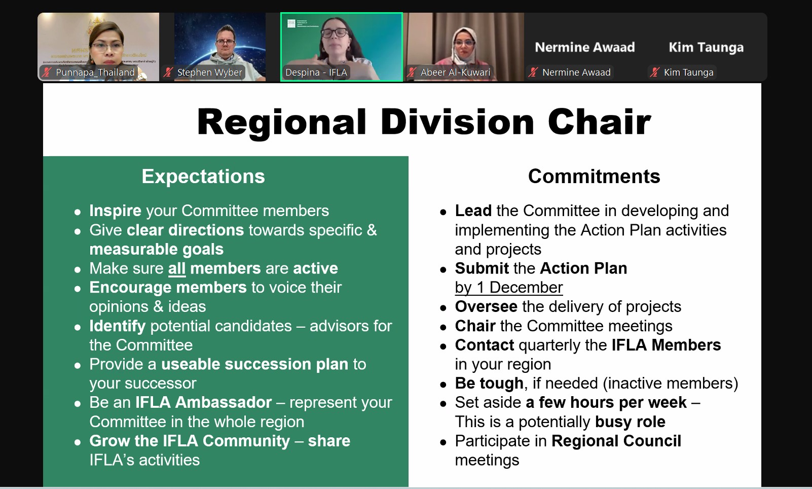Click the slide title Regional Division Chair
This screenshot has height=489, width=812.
[424, 122]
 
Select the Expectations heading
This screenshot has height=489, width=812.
[203, 177]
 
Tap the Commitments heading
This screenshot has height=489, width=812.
[594, 177]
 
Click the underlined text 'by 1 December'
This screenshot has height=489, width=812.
[508, 288]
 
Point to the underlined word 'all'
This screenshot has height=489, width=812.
[177, 268]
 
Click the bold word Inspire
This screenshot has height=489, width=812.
[115, 211]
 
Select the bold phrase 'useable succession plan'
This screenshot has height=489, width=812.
[254, 364]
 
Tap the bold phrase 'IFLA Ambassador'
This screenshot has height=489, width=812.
[203, 402]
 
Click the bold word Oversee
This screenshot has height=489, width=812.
[486, 307]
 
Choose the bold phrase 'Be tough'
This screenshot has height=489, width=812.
[489, 383]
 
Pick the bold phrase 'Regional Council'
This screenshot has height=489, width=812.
[616, 441]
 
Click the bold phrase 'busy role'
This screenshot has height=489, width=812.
[630, 422]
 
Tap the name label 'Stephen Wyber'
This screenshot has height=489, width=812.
[209, 73]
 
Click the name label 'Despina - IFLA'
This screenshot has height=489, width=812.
[316, 73]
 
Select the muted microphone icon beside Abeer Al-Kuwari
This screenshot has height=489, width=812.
[411, 72]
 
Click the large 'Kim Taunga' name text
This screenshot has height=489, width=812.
[706, 48]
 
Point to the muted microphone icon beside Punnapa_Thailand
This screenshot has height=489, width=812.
[47, 72]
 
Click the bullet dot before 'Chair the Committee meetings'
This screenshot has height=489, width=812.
[443, 328]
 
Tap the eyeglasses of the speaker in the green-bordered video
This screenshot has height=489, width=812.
[334, 33]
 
